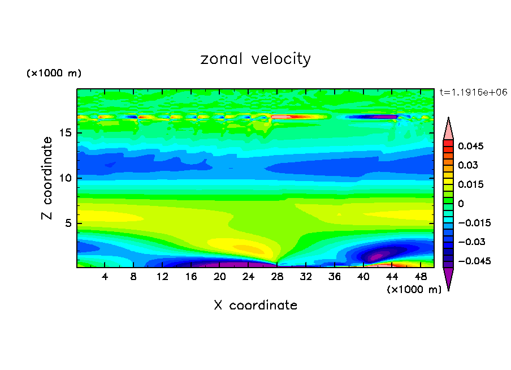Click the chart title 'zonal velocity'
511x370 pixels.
(x=255, y=59)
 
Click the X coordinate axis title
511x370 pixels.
(x=255, y=306)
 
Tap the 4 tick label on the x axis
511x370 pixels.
(x=105, y=277)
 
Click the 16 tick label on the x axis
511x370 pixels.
(x=191, y=277)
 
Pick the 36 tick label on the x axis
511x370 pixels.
(x=334, y=277)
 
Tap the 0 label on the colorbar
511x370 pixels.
(x=461, y=204)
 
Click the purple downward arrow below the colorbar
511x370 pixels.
(x=448, y=278)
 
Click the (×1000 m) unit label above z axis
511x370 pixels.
(x=54, y=74)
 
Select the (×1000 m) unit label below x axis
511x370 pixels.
(x=414, y=290)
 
